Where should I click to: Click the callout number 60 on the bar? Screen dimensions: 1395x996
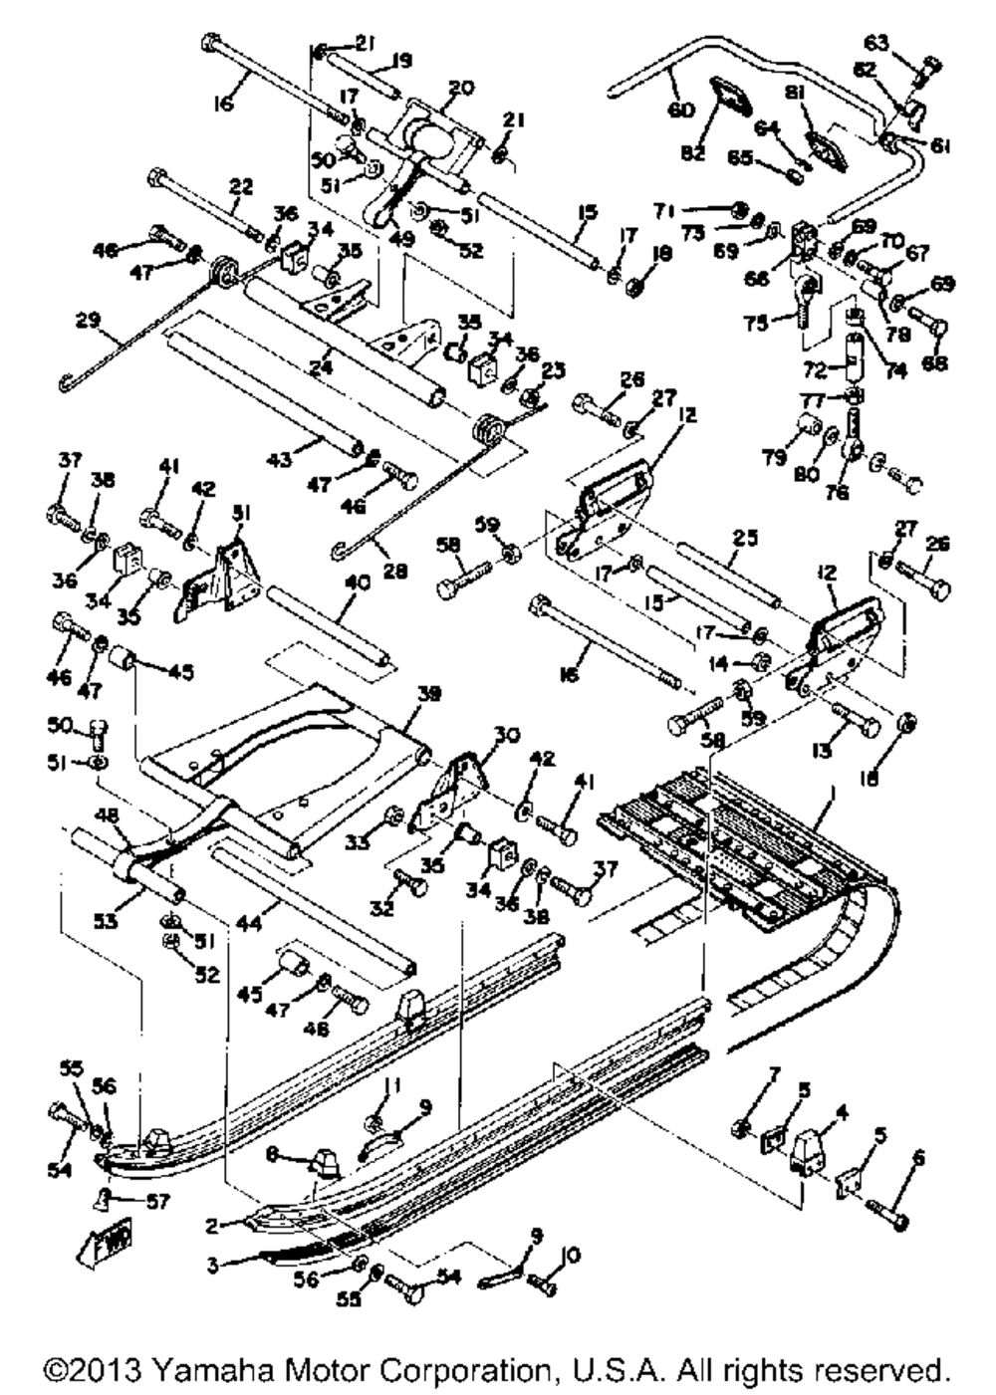(681, 110)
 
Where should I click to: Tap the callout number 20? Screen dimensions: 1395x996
(461, 88)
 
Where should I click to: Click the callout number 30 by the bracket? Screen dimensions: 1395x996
(506, 734)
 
